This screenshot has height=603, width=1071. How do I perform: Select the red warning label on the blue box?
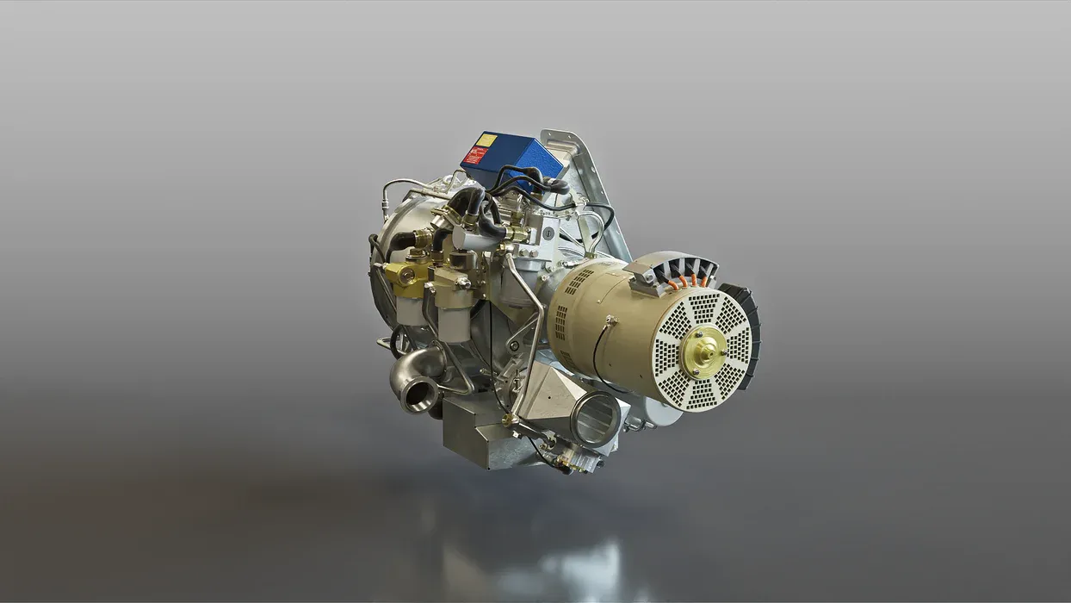pos(475,155)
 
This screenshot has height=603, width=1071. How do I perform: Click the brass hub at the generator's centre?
pos(703,351)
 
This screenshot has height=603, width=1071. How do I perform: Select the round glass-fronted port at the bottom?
pos(596,420)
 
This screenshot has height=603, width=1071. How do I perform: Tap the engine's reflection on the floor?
pos(551,560)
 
